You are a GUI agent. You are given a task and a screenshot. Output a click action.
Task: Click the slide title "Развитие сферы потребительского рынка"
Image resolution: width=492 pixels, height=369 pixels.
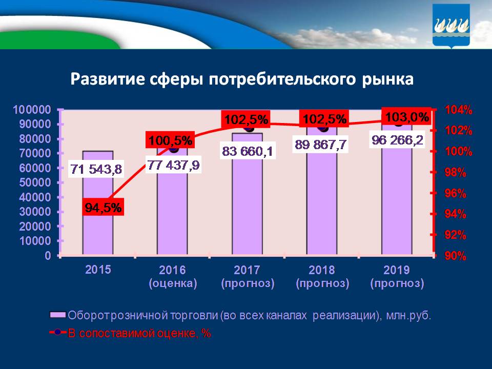pyautogui.click(x=241, y=79)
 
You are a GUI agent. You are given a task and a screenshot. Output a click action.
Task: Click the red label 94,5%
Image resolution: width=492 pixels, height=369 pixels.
pyautogui.click(x=104, y=208)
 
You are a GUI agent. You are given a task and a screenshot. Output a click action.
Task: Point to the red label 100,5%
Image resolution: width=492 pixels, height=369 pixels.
pyautogui.click(x=170, y=140)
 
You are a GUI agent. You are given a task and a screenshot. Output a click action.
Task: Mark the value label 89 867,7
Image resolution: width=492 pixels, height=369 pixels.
pyautogui.click(x=321, y=145)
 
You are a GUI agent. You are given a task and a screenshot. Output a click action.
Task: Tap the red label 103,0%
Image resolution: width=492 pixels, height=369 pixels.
pyautogui.click(x=406, y=117)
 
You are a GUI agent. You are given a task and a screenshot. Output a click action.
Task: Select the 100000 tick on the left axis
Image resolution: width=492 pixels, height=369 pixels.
pyautogui.click(x=32, y=110)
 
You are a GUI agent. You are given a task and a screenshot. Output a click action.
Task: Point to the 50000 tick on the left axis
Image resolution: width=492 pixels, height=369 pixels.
pyautogui.click(x=34, y=182)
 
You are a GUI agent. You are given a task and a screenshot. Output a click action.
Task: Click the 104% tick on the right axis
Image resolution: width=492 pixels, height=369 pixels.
pyautogui.click(x=459, y=110)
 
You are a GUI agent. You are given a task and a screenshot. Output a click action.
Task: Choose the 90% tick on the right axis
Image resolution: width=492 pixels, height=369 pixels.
pyautogui.click(x=456, y=256)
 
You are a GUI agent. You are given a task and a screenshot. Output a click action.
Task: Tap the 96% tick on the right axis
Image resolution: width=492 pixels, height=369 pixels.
pyautogui.click(x=456, y=194)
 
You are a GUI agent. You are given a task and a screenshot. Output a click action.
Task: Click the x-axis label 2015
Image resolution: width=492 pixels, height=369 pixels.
pyautogui.click(x=98, y=270)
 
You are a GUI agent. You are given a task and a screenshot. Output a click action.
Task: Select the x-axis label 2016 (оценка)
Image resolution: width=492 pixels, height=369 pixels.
pyautogui.click(x=173, y=276)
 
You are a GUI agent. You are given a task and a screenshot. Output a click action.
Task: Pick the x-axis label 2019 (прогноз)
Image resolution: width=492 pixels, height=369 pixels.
pyautogui.click(x=397, y=276)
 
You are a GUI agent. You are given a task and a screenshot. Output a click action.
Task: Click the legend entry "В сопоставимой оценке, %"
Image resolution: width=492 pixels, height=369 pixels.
pyautogui.click(x=139, y=333)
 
